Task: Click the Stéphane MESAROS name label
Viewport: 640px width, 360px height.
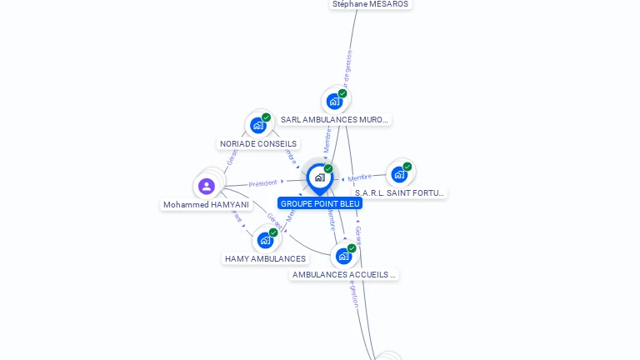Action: tap(370, 4)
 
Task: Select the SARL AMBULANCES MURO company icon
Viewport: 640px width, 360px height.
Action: tap(334, 102)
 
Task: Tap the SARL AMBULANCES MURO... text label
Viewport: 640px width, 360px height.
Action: tap(334, 120)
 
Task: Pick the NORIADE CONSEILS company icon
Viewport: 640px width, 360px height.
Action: tap(258, 126)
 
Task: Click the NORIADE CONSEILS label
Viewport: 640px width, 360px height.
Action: tap(258, 143)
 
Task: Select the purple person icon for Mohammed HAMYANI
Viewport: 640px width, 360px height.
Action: tap(207, 186)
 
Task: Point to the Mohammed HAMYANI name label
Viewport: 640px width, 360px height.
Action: tap(206, 204)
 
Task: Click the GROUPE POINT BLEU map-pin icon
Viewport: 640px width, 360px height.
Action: tap(319, 177)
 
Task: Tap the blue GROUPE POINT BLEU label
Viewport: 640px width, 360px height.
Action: tap(320, 203)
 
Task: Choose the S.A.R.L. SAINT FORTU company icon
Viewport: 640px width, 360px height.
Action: tap(399, 174)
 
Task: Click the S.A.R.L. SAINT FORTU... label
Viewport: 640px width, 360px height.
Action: tap(399, 192)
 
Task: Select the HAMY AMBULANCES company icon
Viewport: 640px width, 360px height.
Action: tap(265, 241)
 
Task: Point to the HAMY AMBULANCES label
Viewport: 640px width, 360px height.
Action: tap(265, 259)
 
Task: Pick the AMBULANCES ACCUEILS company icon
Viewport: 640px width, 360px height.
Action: tap(343, 256)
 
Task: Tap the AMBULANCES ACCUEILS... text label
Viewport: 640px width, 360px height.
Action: tap(343, 274)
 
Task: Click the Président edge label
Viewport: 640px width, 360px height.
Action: tap(262, 183)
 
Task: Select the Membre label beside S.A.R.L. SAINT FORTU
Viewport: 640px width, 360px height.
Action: tap(360, 177)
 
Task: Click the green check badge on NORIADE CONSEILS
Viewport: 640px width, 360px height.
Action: tap(266, 117)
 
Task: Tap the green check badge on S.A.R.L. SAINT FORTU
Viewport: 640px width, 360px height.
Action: tap(407, 167)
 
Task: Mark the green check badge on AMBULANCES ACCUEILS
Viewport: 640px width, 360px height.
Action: tap(352, 248)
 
